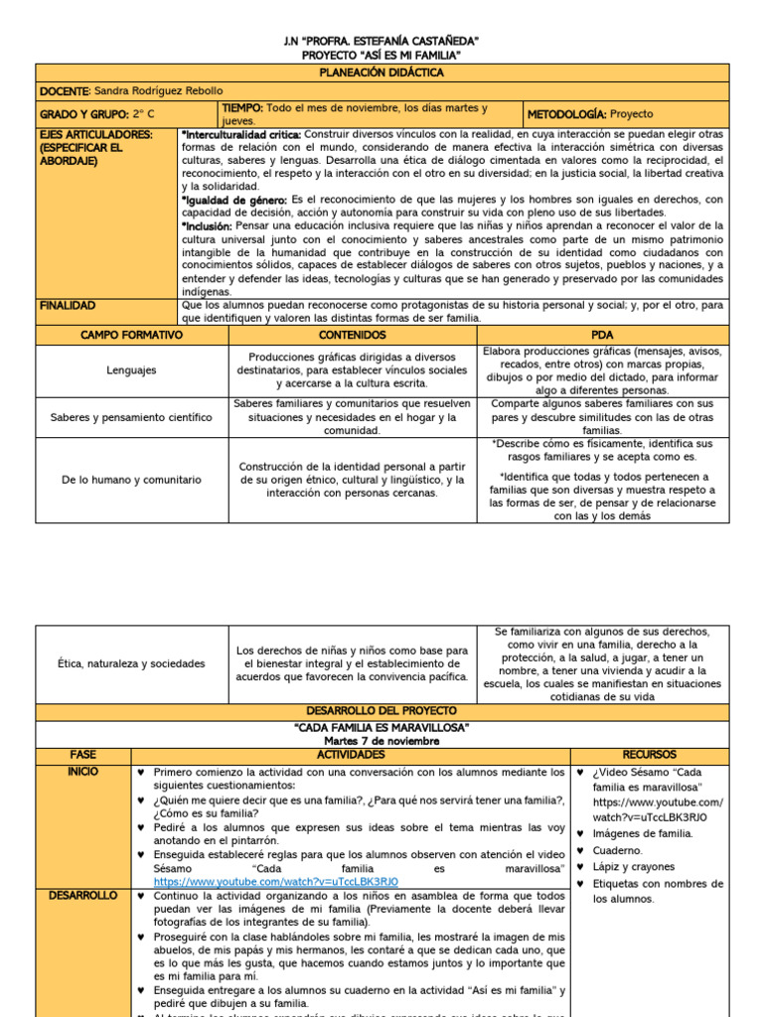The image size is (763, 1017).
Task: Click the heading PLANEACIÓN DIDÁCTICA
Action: point(381,73)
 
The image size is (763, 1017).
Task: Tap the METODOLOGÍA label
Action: point(566,114)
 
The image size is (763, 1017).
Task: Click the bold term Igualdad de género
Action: point(234,200)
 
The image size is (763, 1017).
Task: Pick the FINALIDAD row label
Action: point(68,306)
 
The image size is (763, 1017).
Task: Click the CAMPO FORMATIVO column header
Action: point(131,336)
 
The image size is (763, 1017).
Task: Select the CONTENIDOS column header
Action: point(352,336)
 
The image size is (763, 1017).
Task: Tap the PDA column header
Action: point(602,336)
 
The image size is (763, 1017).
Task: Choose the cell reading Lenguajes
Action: point(131,370)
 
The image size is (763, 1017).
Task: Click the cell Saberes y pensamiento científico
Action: point(131,417)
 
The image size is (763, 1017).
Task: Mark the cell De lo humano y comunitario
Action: point(131,480)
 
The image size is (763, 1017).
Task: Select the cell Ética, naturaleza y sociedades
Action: point(131,663)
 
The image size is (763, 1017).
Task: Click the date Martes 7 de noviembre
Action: point(381,741)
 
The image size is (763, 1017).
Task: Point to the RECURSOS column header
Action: point(649,755)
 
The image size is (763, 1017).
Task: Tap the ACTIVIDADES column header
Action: point(351,755)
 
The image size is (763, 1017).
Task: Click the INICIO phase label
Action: point(83,771)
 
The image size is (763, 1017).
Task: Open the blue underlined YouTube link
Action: point(275,881)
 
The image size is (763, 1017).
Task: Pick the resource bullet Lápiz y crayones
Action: point(633,866)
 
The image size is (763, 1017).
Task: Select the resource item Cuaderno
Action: point(618,850)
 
